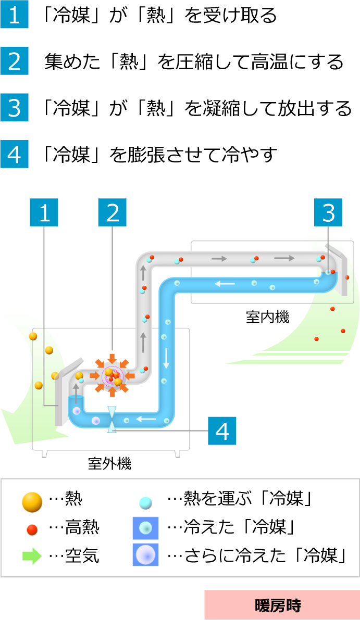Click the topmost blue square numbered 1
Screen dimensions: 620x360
[14, 15]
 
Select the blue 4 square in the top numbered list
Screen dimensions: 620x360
[14, 154]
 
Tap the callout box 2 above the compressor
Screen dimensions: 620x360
[113, 212]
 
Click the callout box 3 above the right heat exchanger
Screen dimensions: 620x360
[328, 212]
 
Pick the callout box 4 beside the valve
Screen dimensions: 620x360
[222, 431]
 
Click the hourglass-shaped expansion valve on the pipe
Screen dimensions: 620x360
[112, 420]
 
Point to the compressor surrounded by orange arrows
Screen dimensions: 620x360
[112, 375]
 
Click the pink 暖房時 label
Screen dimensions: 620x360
[281, 605]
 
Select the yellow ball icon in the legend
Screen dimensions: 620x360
[32, 501]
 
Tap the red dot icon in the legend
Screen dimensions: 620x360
[32, 529]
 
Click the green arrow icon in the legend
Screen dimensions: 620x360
[32, 555]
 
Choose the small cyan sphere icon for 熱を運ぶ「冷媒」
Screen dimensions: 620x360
[145, 502]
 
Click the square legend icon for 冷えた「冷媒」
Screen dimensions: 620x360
[145, 528]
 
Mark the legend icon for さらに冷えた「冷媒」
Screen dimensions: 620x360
[145, 555]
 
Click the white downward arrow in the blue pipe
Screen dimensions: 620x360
[166, 358]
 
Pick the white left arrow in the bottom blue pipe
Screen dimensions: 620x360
[146, 419]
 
